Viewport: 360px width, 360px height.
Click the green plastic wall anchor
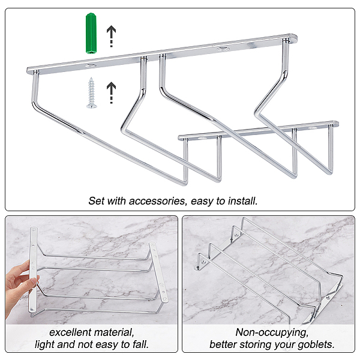[x=91, y=34]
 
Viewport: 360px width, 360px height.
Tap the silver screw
[x=92, y=93]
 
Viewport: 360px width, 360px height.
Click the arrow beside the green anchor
[x=112, y=36]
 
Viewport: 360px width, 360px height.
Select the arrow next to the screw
[x=112, y=92]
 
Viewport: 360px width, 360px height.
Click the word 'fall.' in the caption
[x=141, y=344]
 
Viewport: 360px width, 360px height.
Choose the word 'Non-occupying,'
[x=272, y=332]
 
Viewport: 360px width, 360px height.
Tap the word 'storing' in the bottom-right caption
[x=254, y=345]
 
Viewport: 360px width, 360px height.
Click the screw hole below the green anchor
[x=90, y=66]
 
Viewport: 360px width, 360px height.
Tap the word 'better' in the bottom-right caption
[x=223, y=344]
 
